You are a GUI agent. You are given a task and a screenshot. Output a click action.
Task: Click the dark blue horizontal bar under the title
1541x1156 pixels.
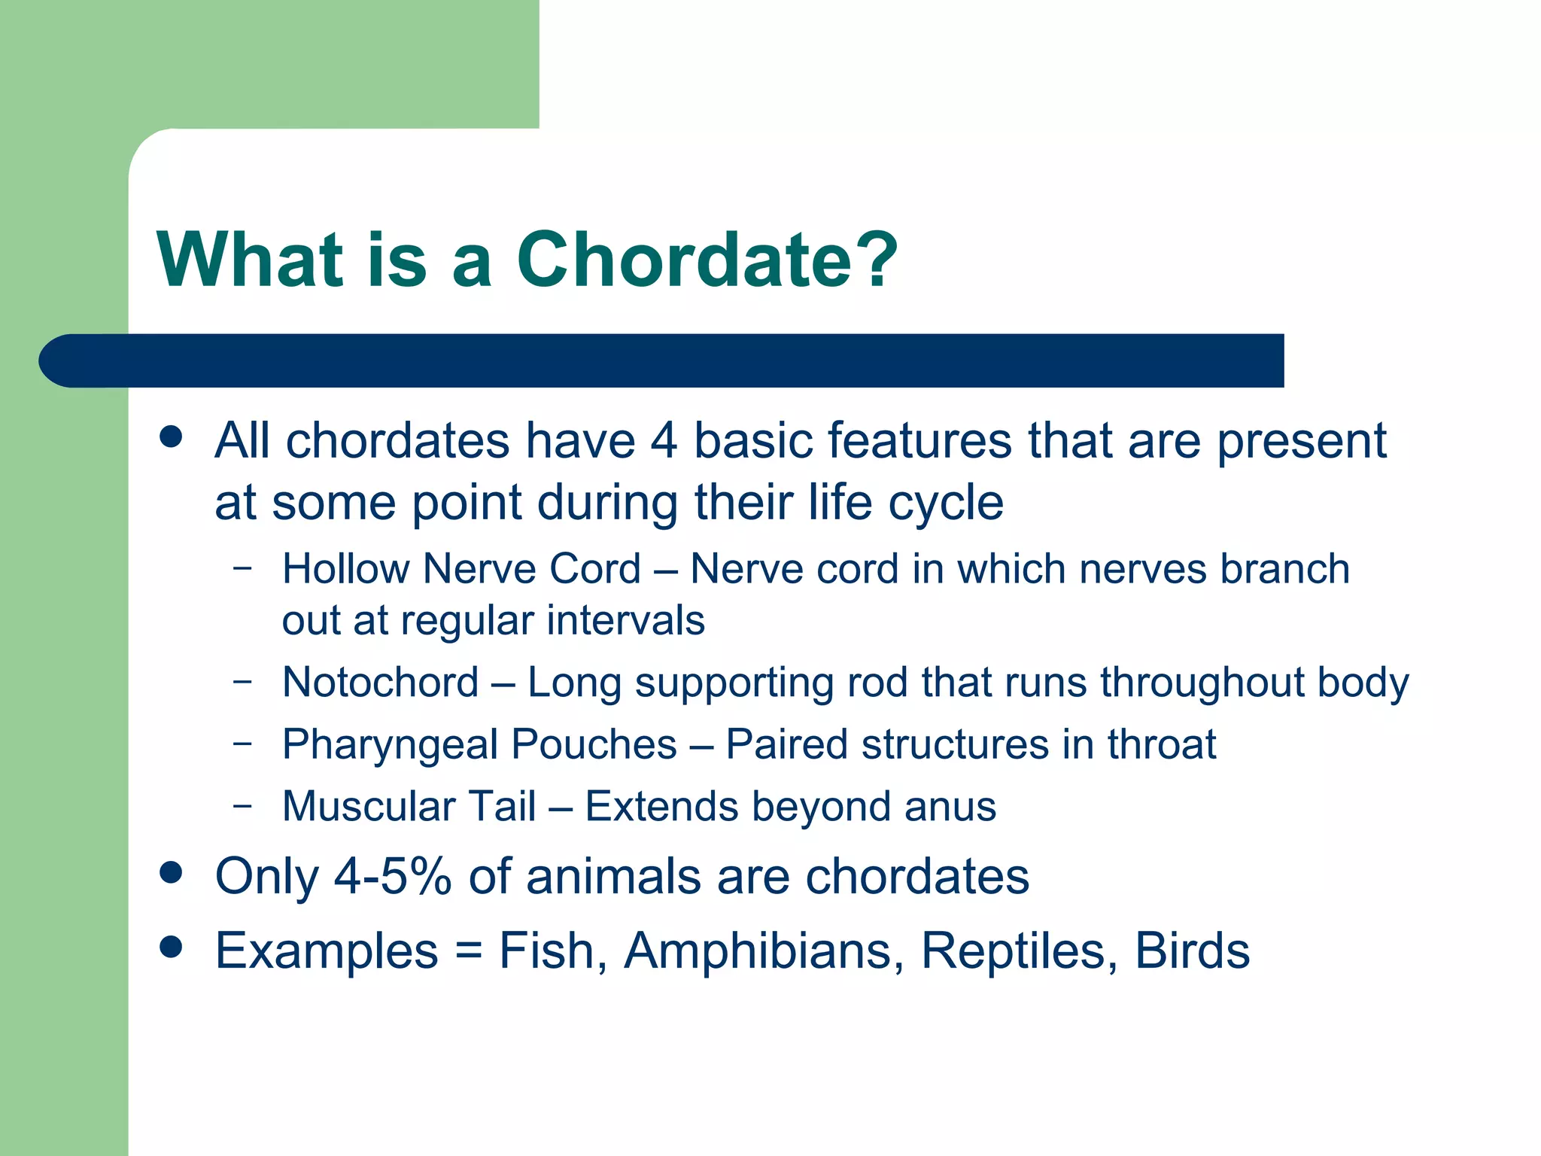pyautogui.click(x=662, y=360)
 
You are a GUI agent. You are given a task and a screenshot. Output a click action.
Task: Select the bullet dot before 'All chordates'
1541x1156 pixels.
pyautogui.click(x=172, y=437)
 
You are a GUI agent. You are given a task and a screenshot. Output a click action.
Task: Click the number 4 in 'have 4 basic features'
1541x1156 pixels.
pyautogui.click(x=664, y=441)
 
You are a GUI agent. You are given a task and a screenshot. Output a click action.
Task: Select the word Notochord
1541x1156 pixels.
pyautogui.click(x=381, y=683)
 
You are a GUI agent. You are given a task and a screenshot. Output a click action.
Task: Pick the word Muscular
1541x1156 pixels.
pyautogui.click(x=369, y=807)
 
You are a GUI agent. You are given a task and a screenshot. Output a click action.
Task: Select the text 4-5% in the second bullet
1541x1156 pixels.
pyautogui.click(x=392, y=878)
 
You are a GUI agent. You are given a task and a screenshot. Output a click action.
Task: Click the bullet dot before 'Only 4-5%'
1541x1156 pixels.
pyautogui.click(x=172, y=873)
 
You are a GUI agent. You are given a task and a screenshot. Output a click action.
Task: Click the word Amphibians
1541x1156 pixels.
pyautogui.click(x=763, y=951)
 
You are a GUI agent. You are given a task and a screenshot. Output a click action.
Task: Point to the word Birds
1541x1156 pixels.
pyautogui.click(x=1192, y=951)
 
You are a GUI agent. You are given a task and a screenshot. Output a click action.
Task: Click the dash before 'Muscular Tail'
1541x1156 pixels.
pyautogui.click(x=242, y=805)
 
